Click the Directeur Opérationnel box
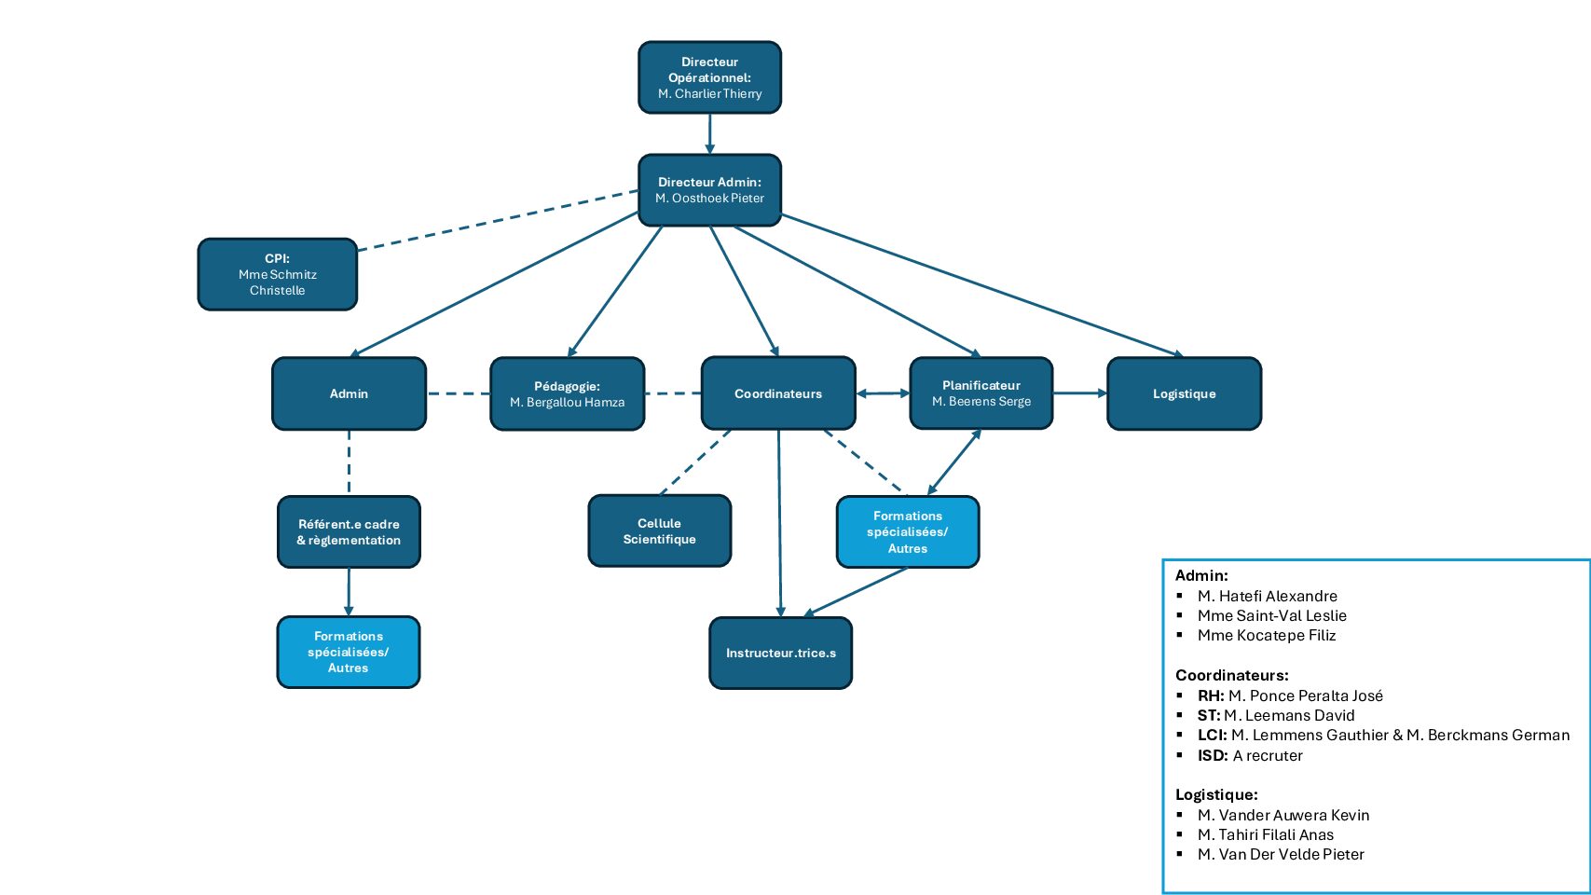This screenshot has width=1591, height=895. [x=709, y=77]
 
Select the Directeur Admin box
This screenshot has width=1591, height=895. [x=709, y=190]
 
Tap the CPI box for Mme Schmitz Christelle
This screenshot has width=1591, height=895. [x=277, y=274]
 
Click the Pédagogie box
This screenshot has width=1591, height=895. [x=567, y=393]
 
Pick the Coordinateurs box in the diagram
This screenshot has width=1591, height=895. [x=777, y=393]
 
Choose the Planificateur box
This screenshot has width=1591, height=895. [x=981, y=393]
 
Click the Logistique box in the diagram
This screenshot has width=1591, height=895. [x=1184, y=393]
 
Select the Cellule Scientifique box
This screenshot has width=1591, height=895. [x=659, y=531]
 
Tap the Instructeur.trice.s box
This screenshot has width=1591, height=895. [x=780, y=653]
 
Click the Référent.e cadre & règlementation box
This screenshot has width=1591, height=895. [x=349, y=531]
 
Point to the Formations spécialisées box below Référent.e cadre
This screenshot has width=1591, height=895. [x=348, y=652]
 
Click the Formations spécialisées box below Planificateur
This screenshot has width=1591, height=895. [x=907, y=531]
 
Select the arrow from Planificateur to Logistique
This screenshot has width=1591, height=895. [x=1079, y=393]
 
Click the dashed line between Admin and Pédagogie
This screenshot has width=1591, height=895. [x=458, y=393]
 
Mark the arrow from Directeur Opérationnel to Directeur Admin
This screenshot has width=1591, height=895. [x=709, y=133]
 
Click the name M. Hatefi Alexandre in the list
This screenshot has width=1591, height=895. [x=1267, y=596]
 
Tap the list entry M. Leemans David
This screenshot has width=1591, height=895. [x=1289, y=715]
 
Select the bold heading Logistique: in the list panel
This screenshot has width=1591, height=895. [x=1216, y=794]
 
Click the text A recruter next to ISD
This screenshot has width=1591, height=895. [x=1268, y=755]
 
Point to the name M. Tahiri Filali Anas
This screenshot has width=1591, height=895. [x=1265, y=834]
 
